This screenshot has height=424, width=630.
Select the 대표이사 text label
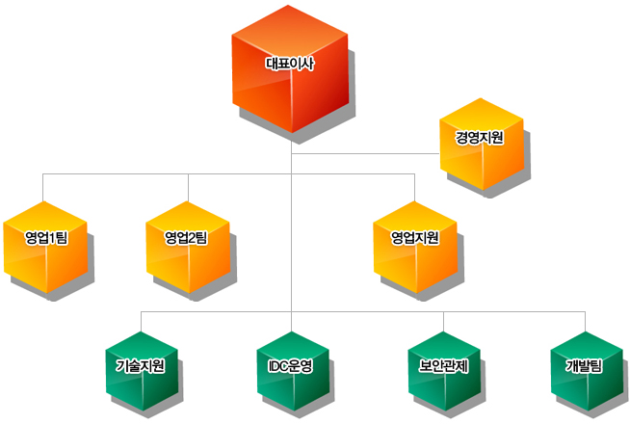(291, 65)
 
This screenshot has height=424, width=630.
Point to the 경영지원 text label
(481, 138)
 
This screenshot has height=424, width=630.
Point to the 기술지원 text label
(141, 366)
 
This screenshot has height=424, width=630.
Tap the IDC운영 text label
(292, 366)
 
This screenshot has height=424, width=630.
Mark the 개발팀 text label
(584, 366)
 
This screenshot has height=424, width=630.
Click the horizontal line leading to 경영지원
(366, 153)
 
